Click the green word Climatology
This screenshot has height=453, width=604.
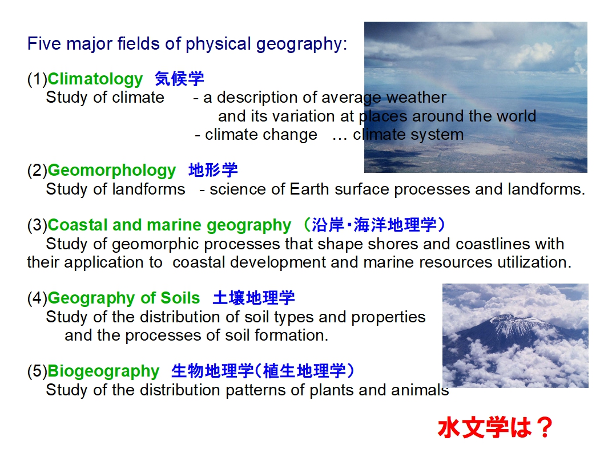(x=95, y=79)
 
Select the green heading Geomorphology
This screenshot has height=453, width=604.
(x=112, y=171)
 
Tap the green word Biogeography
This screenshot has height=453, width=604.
(x=103, y=371)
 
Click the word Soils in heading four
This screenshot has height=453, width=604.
(x=180, y=298)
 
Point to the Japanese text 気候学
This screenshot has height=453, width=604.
(x=179, y=79)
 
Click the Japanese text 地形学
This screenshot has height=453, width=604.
(x=213, y=170)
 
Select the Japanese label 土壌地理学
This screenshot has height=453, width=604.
(x=254, y=298)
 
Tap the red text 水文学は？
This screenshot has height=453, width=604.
(x=496, y=427)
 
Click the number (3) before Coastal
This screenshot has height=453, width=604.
(x=37, y=225)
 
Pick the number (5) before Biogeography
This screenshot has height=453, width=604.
(x=37, y=371)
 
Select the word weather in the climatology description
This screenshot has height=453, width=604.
(x=416, y=98)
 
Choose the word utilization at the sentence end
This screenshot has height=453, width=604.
(x=534, y=262)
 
